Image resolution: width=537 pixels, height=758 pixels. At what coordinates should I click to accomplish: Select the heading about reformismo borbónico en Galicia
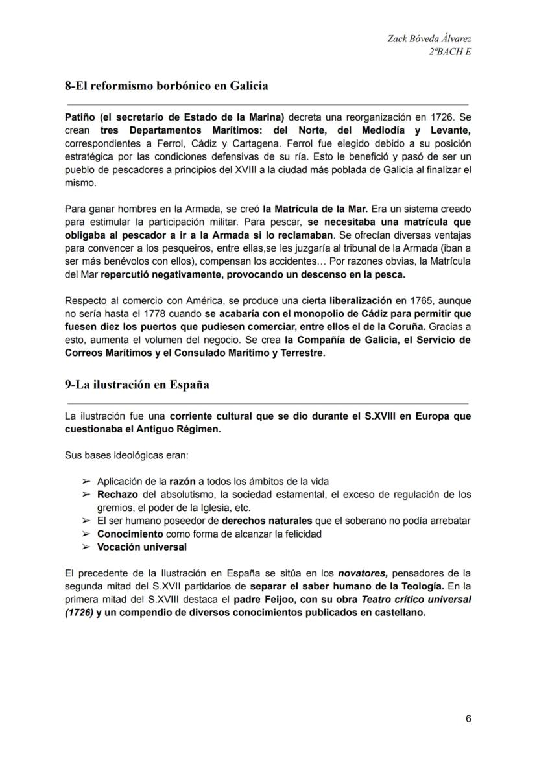(167, 86)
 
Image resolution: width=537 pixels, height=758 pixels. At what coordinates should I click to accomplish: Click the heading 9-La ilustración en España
(137, 384)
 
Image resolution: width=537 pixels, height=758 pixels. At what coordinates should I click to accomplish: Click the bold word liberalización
(360, 301)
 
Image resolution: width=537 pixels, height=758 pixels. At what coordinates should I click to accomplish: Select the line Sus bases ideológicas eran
(126, 455)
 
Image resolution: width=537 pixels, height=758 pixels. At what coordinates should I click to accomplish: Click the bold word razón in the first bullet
(182, 482)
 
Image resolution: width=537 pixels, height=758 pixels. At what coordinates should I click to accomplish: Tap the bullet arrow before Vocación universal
(86, 547)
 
